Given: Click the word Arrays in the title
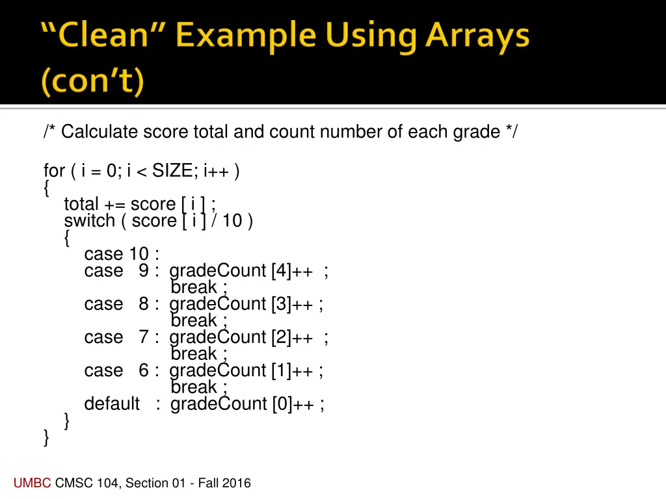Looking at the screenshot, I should (x=477, y=37).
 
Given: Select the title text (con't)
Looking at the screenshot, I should (x=92, y=83).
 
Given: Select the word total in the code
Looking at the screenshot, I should (x=81, y=204).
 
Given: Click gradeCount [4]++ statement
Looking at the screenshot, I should (x=248, y=271).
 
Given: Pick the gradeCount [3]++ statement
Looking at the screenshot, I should (x=246, y=304).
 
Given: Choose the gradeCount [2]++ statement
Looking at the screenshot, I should (x=248, y=337).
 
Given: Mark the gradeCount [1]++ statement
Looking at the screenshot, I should (x=246, y=370).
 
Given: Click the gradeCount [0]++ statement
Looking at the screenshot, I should (x=247, y=403).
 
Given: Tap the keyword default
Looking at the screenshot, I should (x=112, y=403).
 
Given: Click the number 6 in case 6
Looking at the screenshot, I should (x=144, y=370).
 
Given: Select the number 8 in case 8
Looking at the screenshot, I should (x=144, y=304).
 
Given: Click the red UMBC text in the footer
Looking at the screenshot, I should (x=32, y=483).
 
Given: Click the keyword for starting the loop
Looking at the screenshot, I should (x=54, y=171).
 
